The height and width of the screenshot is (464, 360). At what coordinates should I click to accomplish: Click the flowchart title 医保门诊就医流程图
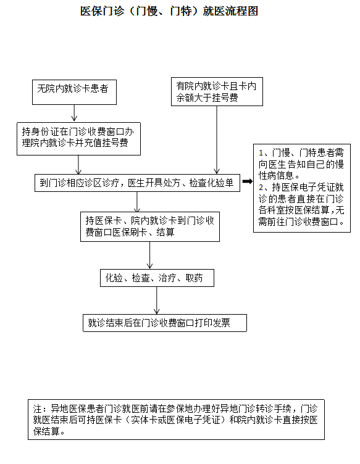click(x=169, y=12)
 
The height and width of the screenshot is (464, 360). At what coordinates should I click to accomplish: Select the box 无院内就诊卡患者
click(x=74, y=92)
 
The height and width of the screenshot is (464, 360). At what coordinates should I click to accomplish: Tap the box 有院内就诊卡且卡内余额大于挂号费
click(x=217, y=91)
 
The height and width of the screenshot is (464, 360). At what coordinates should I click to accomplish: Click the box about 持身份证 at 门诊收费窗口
click(x=78, y=139)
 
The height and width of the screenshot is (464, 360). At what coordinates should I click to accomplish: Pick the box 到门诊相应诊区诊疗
click(x=137, y=183)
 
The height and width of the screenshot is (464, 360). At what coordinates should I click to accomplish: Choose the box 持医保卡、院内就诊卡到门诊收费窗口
click(x=150, y=226)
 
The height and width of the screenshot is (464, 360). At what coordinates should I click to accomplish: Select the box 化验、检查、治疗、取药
click(x=157, y=278)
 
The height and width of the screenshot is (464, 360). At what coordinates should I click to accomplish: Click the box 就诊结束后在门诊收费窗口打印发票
click(x=165, y=323)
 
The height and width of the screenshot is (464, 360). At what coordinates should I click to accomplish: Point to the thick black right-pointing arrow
click(x=248, y=181)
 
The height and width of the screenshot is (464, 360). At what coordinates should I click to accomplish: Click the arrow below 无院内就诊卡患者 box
click(x=74, y=113)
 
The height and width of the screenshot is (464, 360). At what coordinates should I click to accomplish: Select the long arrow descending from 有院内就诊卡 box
click(x=217, y=139)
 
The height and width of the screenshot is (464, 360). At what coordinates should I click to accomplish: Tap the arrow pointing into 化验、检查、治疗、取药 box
click(x=150, y=255)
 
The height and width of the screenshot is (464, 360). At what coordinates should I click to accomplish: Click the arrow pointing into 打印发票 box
click(x=157, y=300)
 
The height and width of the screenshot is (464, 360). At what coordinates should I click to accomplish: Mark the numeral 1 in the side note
click(x=261, y=153)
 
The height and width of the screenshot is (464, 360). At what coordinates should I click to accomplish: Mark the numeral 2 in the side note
click(x=261, y=188)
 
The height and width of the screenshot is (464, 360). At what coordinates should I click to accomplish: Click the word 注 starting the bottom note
click(x=37, y=409)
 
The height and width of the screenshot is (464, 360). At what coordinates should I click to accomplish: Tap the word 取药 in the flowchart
click(x=195, y=278)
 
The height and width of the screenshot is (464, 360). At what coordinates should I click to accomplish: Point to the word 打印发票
click(x=212, y=323)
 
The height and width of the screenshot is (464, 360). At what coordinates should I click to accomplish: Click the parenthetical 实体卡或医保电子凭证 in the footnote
click(x=176, y=420)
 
